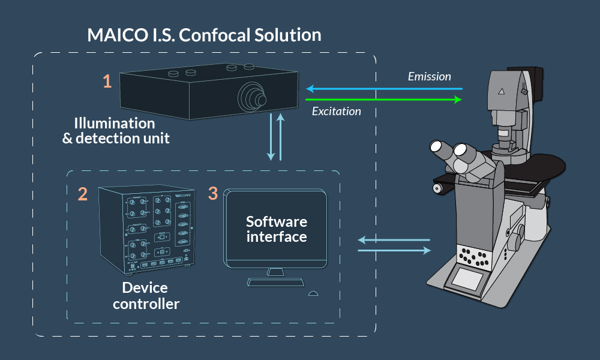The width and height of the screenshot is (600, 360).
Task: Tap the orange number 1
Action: click(x=107, y=81)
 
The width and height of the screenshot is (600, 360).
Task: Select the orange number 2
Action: click(x=83, y=193)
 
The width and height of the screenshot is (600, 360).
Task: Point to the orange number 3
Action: click(x=212, y=193)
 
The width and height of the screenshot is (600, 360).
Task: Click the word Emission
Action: click(x=429, y=77)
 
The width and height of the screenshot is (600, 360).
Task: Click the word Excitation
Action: click(x=337, y=111)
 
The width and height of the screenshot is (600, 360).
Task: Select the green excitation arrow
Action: click(x=384, y=99)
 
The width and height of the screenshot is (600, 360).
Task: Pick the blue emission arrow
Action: click(x=384, y=89)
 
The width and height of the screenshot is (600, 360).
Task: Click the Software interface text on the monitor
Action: click(x=276, y=229)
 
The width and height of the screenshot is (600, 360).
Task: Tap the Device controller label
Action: click(x=146, y=296)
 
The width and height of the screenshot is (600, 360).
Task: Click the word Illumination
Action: click(x=115, y=124)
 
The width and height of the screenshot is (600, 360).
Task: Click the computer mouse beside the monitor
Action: click(x=312, y=294)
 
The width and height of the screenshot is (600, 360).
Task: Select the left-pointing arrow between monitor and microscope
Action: click(x=394, y=240)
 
